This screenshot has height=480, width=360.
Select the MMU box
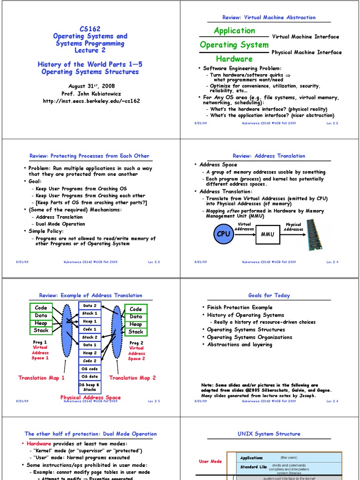pos(267,234)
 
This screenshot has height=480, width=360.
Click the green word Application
pos(234,30)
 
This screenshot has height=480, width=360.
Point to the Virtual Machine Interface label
pos(305,37)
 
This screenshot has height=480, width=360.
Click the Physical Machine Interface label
pos(307,52)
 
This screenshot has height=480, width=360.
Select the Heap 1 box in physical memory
pos(90,322)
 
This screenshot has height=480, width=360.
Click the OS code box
pos(90,369)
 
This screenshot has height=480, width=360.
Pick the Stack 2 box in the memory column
pos(90,337)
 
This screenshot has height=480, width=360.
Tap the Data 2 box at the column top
pos(90,306)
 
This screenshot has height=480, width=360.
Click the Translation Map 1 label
pos(41,378)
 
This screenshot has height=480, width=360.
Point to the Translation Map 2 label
pos(133,378)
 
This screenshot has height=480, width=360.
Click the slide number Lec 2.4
pos(332,262)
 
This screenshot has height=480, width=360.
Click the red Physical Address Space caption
pos(90,397)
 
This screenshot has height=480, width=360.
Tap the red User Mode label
pos(210,462)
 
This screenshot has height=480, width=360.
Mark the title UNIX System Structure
pos(269,434)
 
